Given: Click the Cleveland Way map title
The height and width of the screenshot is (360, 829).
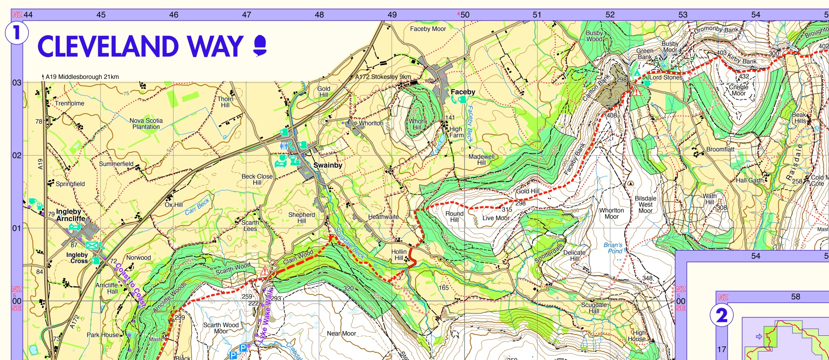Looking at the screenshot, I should [140, 47].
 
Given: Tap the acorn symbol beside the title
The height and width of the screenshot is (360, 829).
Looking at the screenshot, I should [260, 46].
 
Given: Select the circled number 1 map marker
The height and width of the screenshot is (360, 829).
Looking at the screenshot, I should [17, 33].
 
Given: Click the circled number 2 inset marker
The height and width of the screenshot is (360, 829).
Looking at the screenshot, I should [721, 316].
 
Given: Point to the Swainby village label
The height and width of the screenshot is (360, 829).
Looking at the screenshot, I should [328, 165].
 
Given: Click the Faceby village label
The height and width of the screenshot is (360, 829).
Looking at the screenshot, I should [463, 92].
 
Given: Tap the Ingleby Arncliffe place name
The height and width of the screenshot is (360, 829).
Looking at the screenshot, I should [70, 215].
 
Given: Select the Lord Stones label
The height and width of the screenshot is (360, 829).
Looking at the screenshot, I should [665, 78].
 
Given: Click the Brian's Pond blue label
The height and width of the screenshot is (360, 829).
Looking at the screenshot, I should [613, 248].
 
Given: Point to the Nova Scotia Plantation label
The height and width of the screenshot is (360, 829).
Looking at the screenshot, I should [146, 124].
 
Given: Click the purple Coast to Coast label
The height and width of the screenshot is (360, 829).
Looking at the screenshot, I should [130, 285].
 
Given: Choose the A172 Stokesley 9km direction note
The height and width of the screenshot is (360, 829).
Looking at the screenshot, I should [383, 77].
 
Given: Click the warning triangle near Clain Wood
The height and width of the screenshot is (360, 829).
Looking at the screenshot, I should [265, 271].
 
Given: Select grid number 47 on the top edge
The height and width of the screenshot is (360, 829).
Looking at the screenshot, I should [247, 15].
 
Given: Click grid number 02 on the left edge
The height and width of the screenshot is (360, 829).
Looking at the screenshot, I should [17, 156].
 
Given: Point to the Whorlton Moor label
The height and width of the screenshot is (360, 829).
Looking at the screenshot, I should [612, 213].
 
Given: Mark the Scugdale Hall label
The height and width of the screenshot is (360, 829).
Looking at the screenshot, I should [594, 308].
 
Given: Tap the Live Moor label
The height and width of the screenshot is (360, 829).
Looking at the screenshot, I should [496, 218].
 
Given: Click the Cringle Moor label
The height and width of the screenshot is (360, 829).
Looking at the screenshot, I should [738, 90].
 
